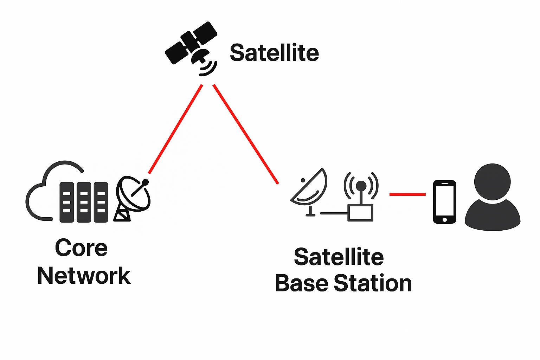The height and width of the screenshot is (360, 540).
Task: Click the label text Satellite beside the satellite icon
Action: [x=274, y=53]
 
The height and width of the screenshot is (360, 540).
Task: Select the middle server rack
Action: [x=84, y=202]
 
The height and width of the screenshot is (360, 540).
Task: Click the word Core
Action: [x=81, y=248]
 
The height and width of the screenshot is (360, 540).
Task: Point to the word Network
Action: [x=84, y=276]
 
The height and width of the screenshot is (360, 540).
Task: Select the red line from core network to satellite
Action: [x=175, y=129]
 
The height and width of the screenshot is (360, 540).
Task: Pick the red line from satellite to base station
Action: [x=245, y=134]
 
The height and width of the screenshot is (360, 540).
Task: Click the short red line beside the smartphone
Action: [x=407, y=194]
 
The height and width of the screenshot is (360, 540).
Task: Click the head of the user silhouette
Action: [x=492, y=181]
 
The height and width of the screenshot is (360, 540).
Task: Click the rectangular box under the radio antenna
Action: [x=360, y=213]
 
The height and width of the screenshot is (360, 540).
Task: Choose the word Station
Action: [x=373, y=283]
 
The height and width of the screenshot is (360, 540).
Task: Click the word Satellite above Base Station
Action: [x=339, y=257]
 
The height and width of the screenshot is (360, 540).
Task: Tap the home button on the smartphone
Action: [x=445, y=220]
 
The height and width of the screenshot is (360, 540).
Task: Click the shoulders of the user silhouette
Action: [x=492, y=216]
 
